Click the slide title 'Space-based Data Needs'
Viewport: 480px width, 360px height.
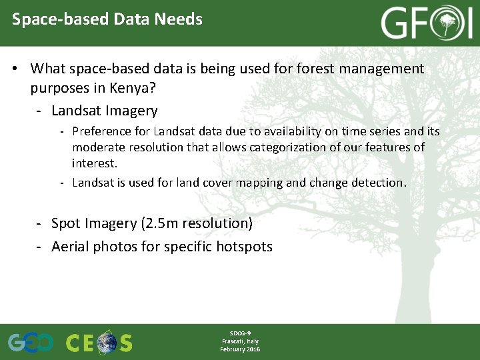pyautogui.click(x=107, y=19)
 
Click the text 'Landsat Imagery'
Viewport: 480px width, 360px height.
pyautogui.click(x=104, y=111)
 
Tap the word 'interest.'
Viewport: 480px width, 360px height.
pyautogui.click(x=95, y=163)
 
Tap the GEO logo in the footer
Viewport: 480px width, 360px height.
pyautogui.click(x=31, y=342)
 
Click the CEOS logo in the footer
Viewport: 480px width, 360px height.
pyautogui.click(x=99, y=342)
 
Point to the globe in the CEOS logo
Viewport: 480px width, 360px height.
pyautogui.click(x=107, y=343)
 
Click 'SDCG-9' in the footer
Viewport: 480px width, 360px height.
pyautogui.click(x=240, y=333)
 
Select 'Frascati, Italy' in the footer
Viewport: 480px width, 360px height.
pyautogui.click(x=240, y=341)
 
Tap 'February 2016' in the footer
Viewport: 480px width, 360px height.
pyautogui.click(x=240, y=349)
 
